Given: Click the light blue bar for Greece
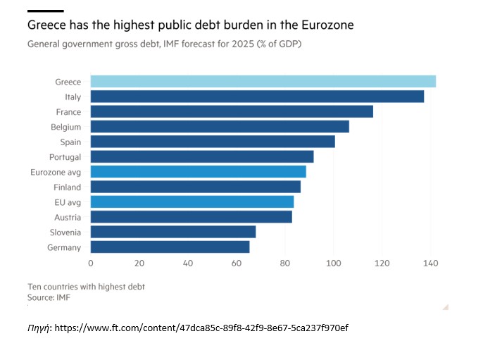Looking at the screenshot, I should pyautogui.click(x=263, y=82).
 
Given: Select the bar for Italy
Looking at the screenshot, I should pyautogui.click(x=257, y=97).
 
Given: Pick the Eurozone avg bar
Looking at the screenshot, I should pyautogui.click(x=198, y=172).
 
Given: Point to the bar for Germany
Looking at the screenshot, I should pyautogui.click(x=170, y=247).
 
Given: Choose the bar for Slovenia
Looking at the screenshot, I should pyautogui.click(x=172, y=232).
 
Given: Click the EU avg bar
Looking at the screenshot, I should pyautogui.click(x=192, y=202).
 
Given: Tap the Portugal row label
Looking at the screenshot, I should pyautogui.click(x=65, y=157).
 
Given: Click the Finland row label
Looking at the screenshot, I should pyautogui.click(x=68, y=187).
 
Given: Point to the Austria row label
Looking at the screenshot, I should pyautogui.click(x=68, y=218).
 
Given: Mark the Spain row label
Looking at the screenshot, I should pyautogui.click(x=70, y=142).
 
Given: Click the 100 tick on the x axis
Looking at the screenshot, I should pyautogui.click(x=333, y=263).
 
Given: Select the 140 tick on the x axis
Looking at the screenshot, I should pyautogui.click(x=430, y=263).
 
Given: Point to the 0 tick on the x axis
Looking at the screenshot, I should pyautogui.click(x=90, y=263).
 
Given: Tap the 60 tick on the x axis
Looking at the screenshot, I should pyautogui.click(x=236, y=263).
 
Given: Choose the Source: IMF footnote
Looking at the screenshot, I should pyautogui.click(x=49, y=297).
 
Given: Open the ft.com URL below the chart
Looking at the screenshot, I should pyautogui.click(x=201, y=328).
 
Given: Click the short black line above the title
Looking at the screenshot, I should pyautogui.click(x=45, y=11).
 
